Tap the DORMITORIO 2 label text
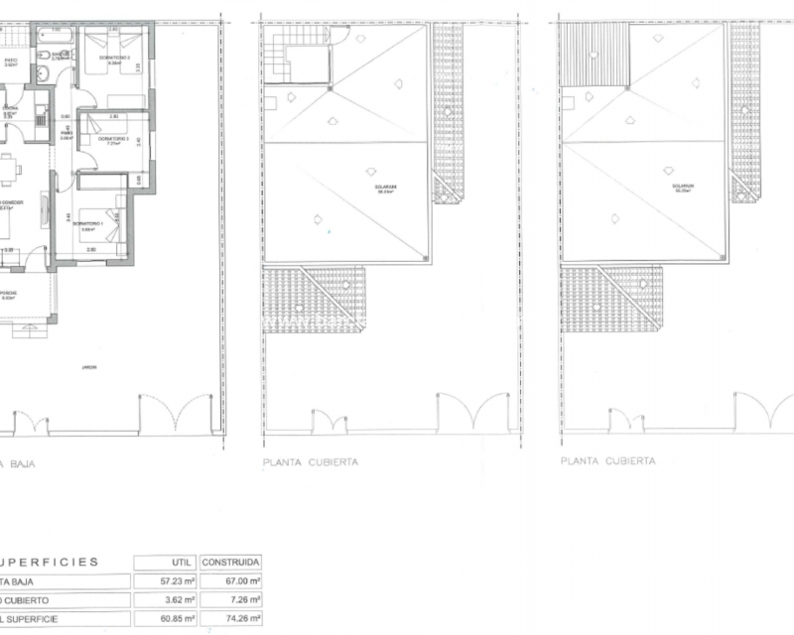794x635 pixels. click(x=105, y=139)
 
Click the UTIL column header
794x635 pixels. click(x=164, y=562)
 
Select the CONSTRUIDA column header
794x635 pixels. click(x=230, y=562)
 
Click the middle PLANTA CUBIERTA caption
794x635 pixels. click(x=310, y=462)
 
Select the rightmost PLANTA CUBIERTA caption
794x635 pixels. click(x=607, y=462)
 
